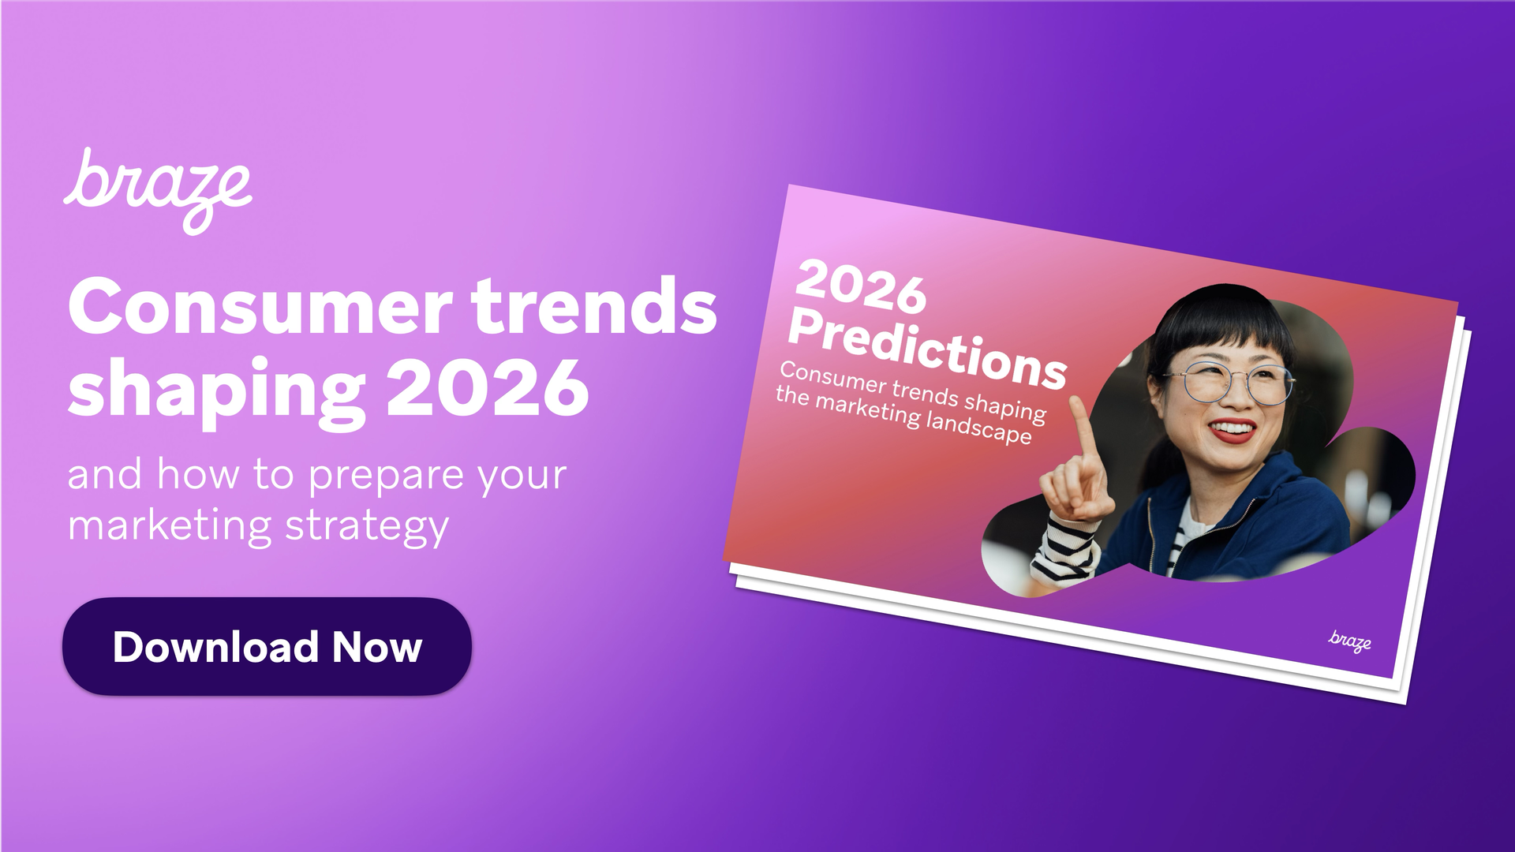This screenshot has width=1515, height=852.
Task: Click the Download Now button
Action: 267,646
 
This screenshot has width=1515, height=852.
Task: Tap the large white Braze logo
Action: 158,189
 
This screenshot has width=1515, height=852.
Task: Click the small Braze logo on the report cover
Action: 1349,641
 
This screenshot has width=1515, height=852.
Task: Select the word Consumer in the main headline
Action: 260,308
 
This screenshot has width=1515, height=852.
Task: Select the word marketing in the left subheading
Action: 170,526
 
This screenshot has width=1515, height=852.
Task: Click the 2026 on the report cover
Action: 860,286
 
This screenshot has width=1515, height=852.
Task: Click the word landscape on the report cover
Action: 978,427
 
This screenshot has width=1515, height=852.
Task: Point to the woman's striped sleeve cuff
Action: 1065,552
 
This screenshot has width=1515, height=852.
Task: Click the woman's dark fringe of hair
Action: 1219,331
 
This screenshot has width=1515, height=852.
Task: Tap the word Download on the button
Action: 215,647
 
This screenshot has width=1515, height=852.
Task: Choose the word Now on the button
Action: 377,647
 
